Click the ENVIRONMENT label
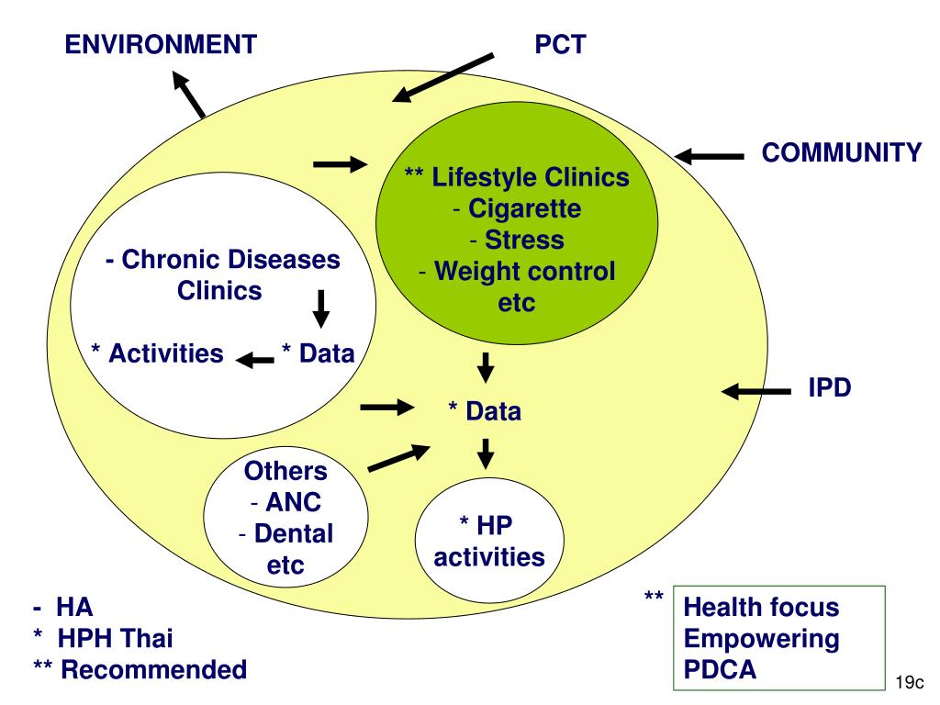coord(159,43)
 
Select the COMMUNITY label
coord(841,153)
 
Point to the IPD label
coord(830,387)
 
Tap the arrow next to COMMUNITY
coord(710,157)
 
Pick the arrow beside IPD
coord(756,392)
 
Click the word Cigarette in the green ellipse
coord(525,209)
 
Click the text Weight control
coord(525,272)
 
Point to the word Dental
coord(293,532)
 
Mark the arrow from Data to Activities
coord(255,359)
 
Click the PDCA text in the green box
coord(721,670)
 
